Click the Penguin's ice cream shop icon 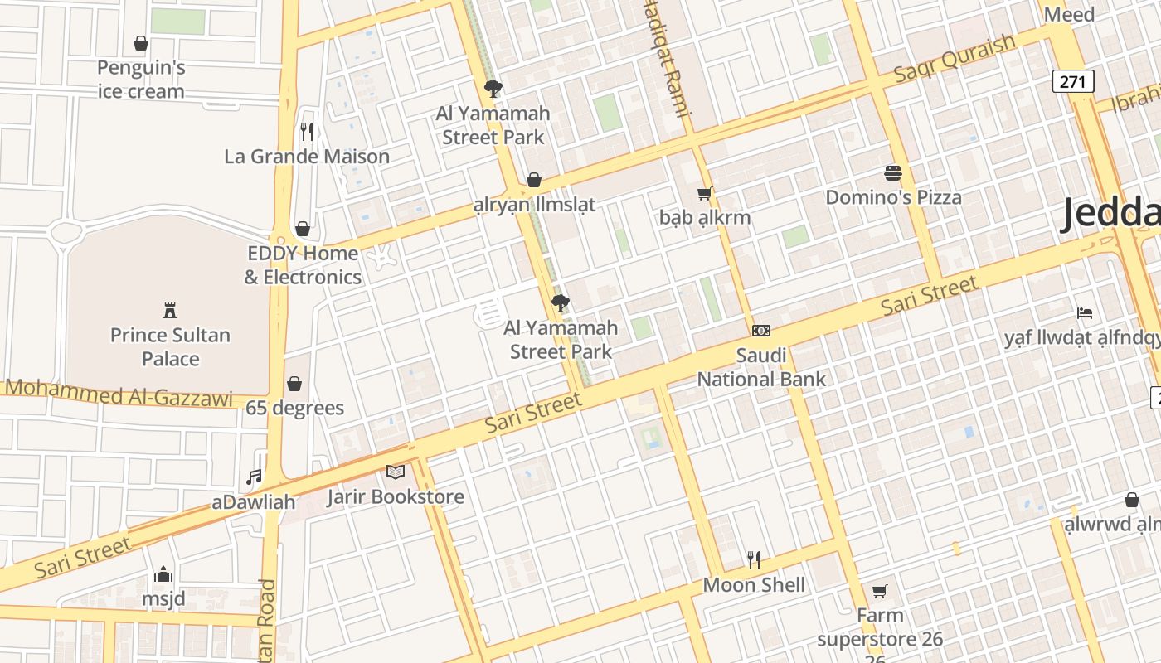[141, 43]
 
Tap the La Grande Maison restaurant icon [307, 131]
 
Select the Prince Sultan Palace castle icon [170, 311]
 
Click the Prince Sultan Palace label [170, 346]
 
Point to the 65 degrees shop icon [294, 384]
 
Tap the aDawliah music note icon [254, 477]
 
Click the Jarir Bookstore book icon [396, 472]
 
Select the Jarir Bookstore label [395, 497]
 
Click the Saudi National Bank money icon [760, 331]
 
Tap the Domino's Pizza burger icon [893, 173]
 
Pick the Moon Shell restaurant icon [754, 560]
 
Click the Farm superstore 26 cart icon [880, 591]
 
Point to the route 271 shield [1074, 81]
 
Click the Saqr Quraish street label [955, 59]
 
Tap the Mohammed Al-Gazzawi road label [119, 393]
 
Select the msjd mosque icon [163, 574]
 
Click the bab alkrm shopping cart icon [705, 194]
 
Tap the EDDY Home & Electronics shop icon [303, 229]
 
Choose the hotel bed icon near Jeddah [1085, 313]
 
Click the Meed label [1069, 14]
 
